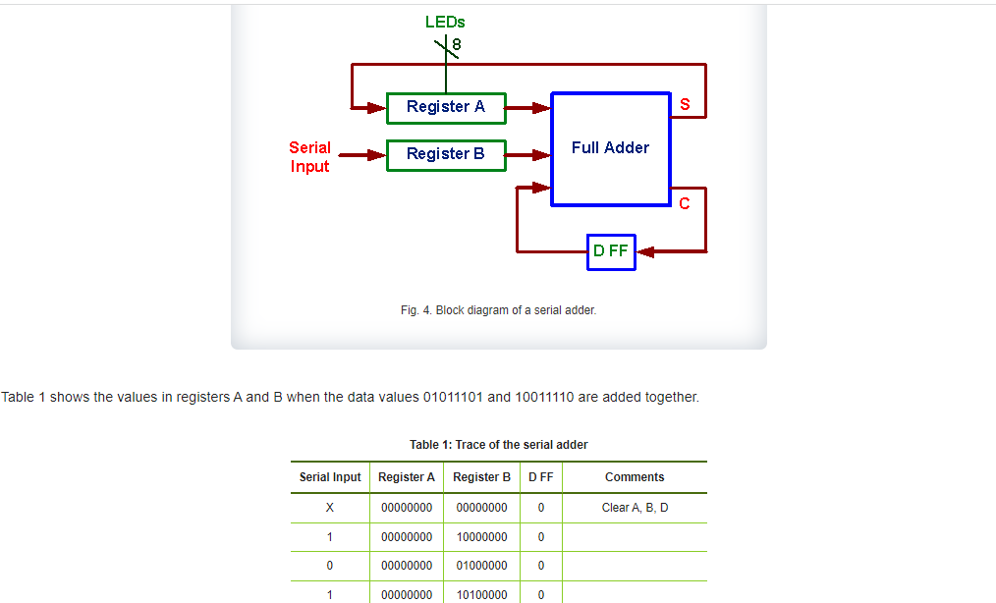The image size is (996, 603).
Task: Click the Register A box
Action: tap(446, 107)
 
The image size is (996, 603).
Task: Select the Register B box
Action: tap(446, 154)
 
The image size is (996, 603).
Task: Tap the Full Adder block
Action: tap(610, 148)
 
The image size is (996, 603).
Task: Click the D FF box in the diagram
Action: tap(611, 251)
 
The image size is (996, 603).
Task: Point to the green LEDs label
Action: tap(445, 21)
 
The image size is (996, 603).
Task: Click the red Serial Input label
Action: tap(309, 157)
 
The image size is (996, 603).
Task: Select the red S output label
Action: tap(685, 104)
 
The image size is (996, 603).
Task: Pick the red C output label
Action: tap(685, 203)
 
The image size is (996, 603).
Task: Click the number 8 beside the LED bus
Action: tap(457, 44)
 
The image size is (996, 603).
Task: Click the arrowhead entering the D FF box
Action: tap(646, 251)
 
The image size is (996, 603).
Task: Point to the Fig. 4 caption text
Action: tap(498, 310)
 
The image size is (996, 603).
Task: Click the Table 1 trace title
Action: tap(498, 445)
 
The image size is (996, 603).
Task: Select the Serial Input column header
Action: tap(330, 477)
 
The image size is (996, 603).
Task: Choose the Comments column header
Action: tap(635, 477)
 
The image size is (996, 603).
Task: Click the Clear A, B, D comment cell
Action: tap(635, 508)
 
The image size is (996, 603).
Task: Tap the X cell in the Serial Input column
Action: tap(330, 508)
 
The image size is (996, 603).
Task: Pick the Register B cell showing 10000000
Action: tap(481, 537)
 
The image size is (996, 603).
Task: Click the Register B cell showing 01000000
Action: tap(481, 566)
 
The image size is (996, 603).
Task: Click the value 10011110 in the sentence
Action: tap(544, 398)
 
